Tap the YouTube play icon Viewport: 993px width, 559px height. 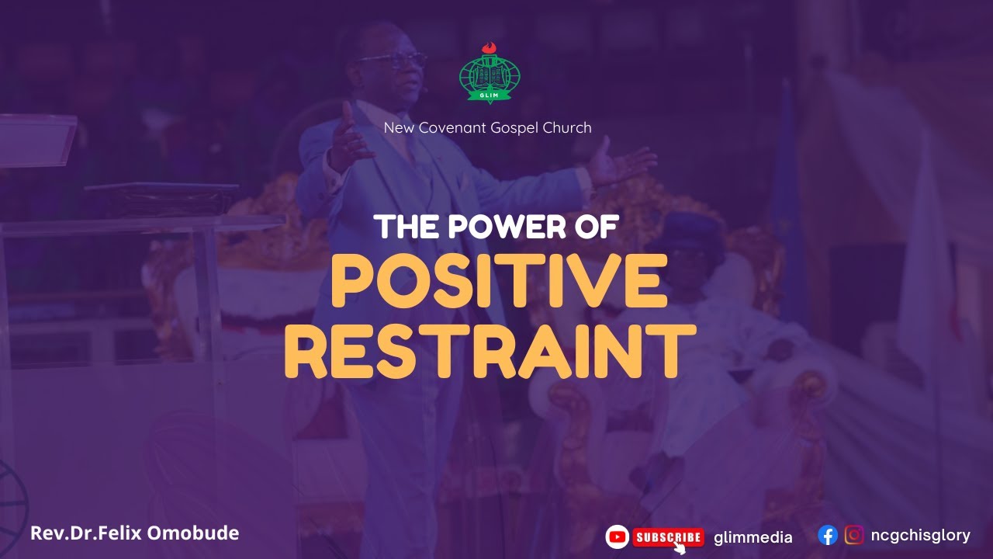click(617, 536)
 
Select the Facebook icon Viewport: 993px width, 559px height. click(828, 535)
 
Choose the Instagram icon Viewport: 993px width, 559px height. click(854, 535)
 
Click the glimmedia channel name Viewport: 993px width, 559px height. click(753, 537)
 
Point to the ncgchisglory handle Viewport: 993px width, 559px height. click(920, 535)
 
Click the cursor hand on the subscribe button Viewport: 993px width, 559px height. click(680, 547)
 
